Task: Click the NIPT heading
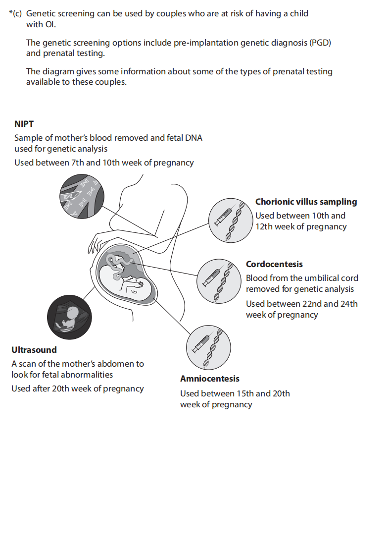point(24,124)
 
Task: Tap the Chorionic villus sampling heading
point(306,202)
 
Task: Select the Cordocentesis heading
point(274,264)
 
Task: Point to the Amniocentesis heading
point(209,379)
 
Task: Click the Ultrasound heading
point(34,350)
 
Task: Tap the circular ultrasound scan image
point(69,318)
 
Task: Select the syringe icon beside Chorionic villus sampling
point(223,217)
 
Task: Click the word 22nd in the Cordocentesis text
point(309,304)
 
